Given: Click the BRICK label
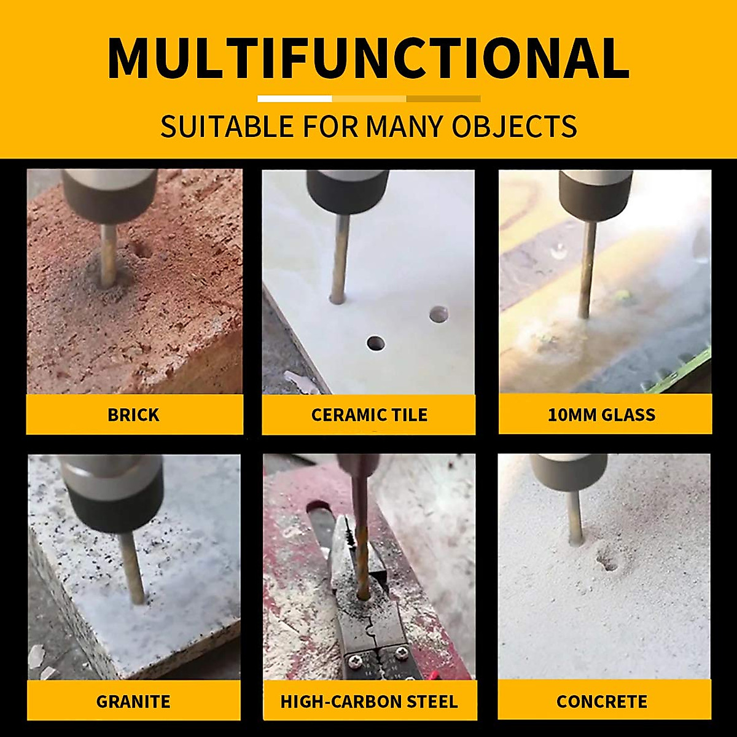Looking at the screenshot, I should pyautogui.click(x=133, y=415).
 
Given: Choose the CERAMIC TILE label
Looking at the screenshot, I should pyautogui.click(x=369, y=415).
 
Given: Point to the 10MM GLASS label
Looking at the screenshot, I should pyautogui.click(x=601, y=415).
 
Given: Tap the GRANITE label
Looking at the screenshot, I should pyautogui.click(x=133, y=701).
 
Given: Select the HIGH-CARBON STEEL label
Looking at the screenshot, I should pyautogui.click(x=369, y=701).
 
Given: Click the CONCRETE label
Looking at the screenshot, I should pyautogui.click(x=601, y=701).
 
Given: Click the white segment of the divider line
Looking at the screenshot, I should pyautogui.click(x=295, y=98).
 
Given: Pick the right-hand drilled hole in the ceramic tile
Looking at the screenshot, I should pyautogui.click(x=439, y=315).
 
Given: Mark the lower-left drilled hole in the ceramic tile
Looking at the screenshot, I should pyautogui.click(x=375, y=343).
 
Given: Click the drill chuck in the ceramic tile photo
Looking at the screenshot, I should pyautogui.click(x=347, y=189).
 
